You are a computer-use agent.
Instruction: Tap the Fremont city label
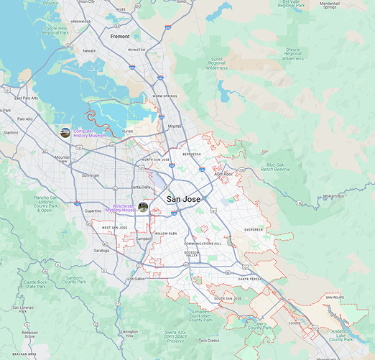(120, 35)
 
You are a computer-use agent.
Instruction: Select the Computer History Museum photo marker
(65, 133)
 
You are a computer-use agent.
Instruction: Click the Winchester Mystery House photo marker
(143, 207)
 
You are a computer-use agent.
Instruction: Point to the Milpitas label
(175, 126)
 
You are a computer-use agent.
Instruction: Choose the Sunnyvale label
(91, 175)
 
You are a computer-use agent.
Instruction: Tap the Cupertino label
(93, 211)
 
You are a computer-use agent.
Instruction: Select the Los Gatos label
(136, 279)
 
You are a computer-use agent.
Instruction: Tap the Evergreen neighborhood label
(254, 230)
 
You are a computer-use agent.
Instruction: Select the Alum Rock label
(223, 173)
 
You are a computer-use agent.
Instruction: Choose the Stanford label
(11, 133)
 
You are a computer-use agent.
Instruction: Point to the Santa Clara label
(140, 187)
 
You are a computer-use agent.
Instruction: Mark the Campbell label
(143, 239)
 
